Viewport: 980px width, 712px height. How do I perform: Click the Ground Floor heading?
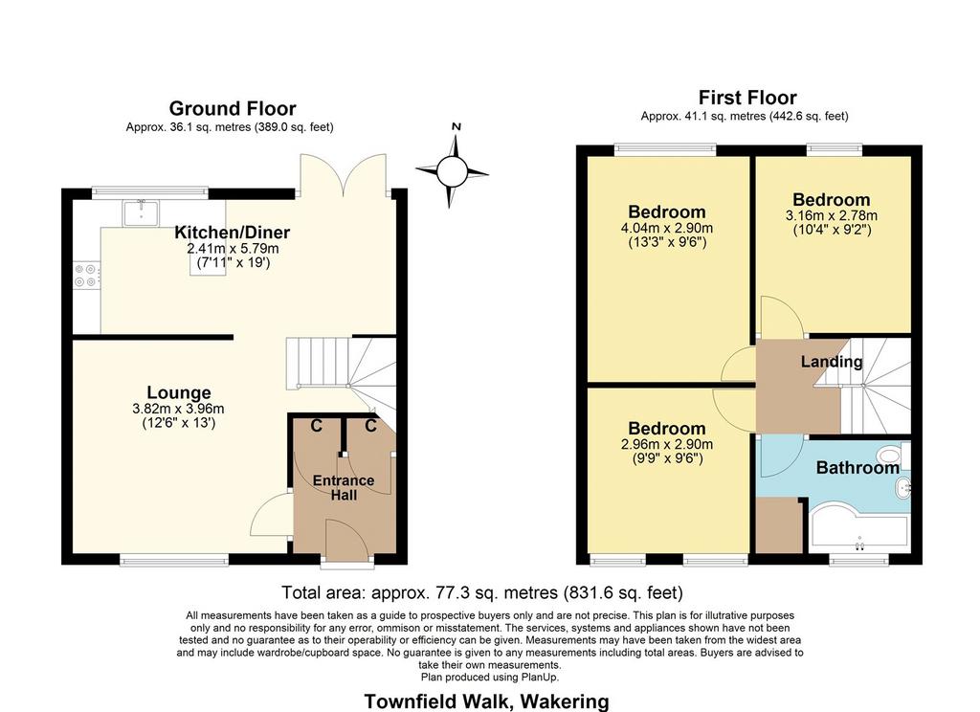pos(233,108)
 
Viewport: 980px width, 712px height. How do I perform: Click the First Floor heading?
pos(747,98)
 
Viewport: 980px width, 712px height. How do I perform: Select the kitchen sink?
pos(140,212)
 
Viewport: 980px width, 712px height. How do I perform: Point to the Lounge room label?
pos(179,392)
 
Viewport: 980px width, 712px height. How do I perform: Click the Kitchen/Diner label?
pos(232,233)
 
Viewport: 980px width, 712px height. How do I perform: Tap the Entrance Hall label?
pos(344,487)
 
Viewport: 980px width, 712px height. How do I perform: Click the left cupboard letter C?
pos(316,426)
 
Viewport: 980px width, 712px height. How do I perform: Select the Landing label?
pos(832,362)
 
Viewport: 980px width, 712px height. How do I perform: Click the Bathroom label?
pos(857,468)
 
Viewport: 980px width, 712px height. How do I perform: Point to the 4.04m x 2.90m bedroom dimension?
pos(667,228)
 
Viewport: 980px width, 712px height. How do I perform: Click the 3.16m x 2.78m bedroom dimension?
pos(832,215)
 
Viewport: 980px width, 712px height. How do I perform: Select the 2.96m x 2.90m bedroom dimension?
pos(667,444)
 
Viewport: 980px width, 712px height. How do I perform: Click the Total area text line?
pos(482,592)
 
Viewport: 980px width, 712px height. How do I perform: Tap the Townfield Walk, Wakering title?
pos(486,701)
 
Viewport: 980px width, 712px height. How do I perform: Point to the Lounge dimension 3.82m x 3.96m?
pos(178,409)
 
